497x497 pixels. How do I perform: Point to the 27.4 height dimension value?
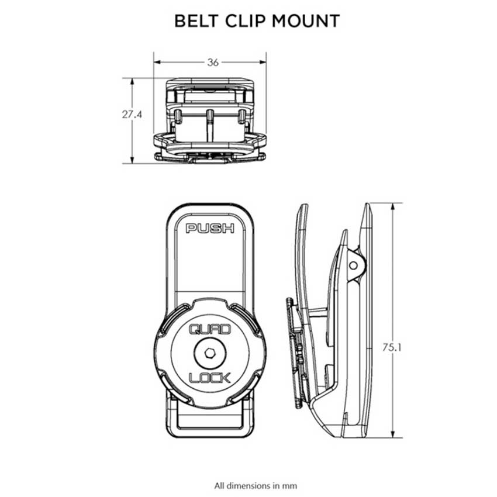pyautogui.click(x=132, y=115)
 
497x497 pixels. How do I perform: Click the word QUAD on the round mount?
pyautogui.click(x=209, y=331)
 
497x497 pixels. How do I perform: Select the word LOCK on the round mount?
pyautogui.click(x=209, y=377)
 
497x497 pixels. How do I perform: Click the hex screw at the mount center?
pyautogui.click(x=209, y=354)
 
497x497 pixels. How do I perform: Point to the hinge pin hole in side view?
pyautogui.click(x=353, y=264)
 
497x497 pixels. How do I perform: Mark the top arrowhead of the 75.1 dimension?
pyautogui.click(x=393, y=206)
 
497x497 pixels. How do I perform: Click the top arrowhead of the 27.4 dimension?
pyautogui.click(x=132, y=81)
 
